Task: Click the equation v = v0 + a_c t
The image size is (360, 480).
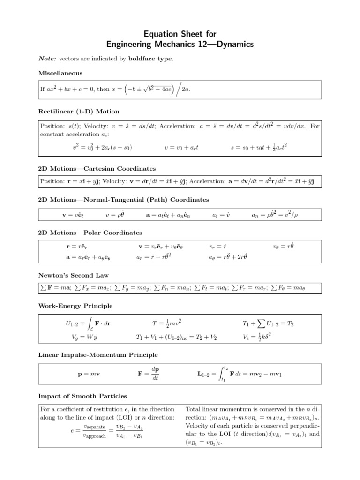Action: pyautogui.click(x=181, y=148)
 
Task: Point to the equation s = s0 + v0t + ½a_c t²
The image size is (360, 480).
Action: pyautogui.click(x=259, y=147)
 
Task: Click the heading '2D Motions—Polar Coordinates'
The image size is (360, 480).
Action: pyautogui.click(x=90, y=232)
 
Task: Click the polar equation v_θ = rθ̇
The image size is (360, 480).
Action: pyautogui.click(x=283, y=246)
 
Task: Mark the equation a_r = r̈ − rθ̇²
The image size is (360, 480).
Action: pyautogui.click(x=153, y=257)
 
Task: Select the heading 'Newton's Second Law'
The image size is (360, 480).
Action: pyautogui.click(x=73, y=275)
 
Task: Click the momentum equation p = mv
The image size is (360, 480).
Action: pyautogui.click(x=87, y=375)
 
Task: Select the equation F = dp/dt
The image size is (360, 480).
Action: pyautogui.click(x=150, y=374)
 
